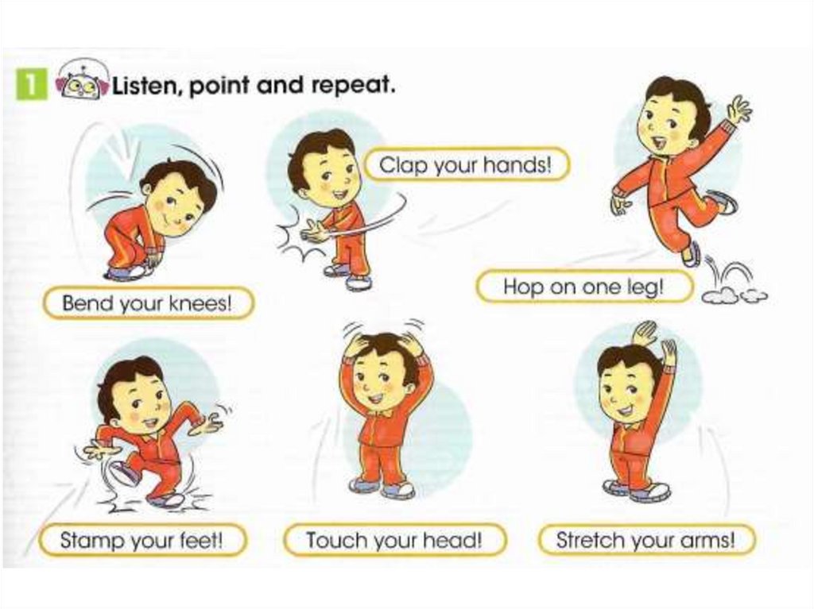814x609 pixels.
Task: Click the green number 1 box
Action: [x=31, y=83]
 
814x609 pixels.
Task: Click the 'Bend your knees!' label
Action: [x=147, y=303]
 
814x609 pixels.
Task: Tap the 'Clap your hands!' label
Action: [x=466, y=165]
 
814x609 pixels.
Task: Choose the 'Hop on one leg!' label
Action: [x=584, y=287]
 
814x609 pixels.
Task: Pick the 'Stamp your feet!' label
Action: [x=141, y=539]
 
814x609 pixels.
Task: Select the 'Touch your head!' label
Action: [x=394, y=539]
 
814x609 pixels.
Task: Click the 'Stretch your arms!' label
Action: [x=645, y=539]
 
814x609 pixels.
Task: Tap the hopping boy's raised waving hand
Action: [x=738, y=111]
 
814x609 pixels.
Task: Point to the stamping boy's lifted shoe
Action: [x=123, y=472]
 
